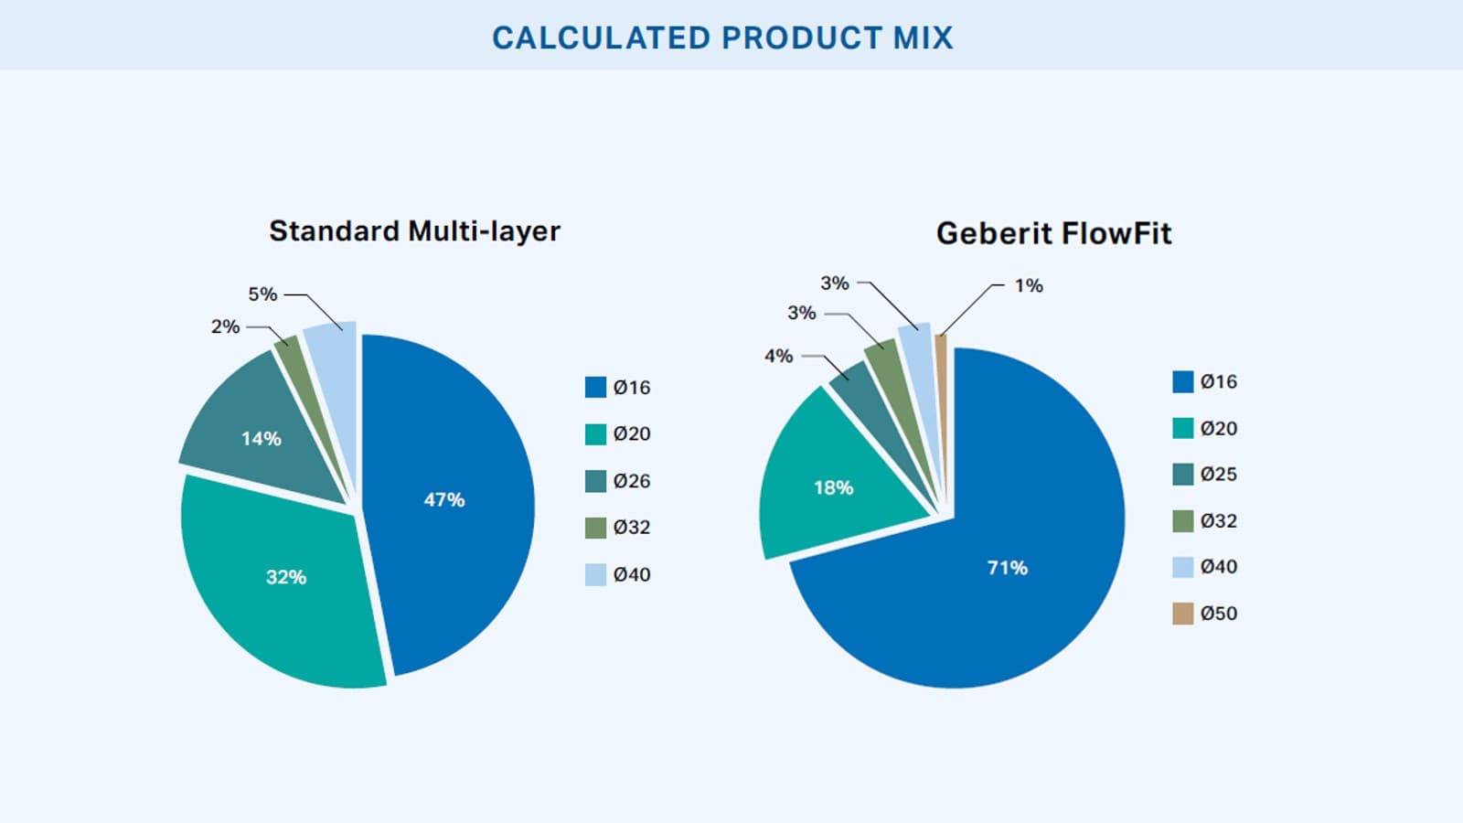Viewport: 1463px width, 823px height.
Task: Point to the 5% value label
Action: click(262, 294)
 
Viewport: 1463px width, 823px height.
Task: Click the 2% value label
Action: click(225, 326)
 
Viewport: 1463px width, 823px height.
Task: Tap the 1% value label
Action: click(1029, 285)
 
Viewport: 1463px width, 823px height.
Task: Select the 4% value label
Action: click(778, 356)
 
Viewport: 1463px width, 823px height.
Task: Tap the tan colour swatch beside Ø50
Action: click(1182, 614)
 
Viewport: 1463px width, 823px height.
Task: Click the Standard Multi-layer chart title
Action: click(414, 231)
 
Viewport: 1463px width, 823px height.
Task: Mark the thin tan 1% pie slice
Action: click(942, 366)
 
